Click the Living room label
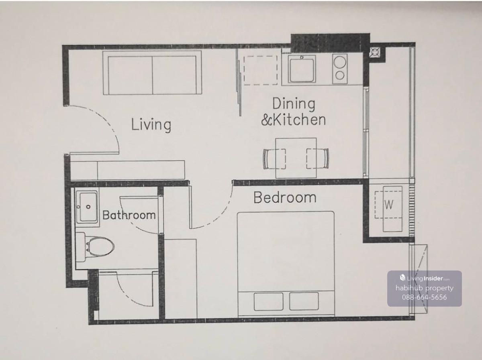(x=151, y=125)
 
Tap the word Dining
(x=294, y=104)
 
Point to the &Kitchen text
(x=293, y=120)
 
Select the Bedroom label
(x=285, y=197)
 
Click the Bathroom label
(x=129, y=215)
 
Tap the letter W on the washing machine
(x=389, y=205)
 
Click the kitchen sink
(x=302, y=69)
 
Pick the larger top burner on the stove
(x=340, y=62)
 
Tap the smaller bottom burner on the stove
(x=340, y=75)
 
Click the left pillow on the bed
(x=269, y=301)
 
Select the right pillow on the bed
(x=304, y=301)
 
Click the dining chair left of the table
(x=274, y=159)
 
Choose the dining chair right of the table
(x=318, y=159)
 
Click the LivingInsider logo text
(x=425, y=279)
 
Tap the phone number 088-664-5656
(x=424, y=297)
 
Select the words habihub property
(x=425, y=288)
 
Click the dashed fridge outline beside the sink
(x=260, y=70)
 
